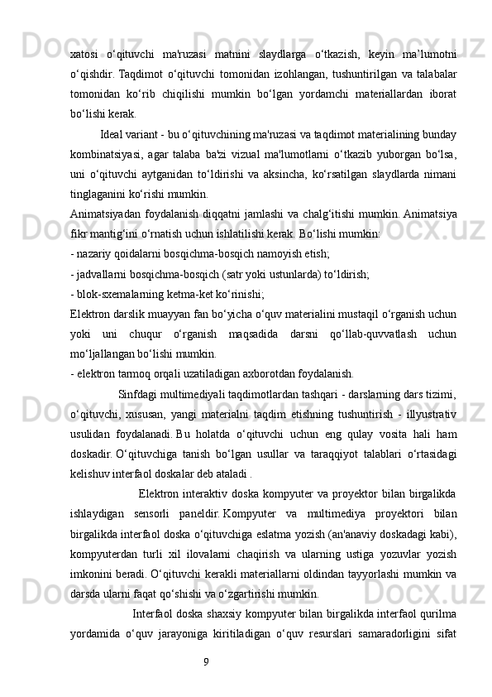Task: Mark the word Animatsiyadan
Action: tap(107, 214)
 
